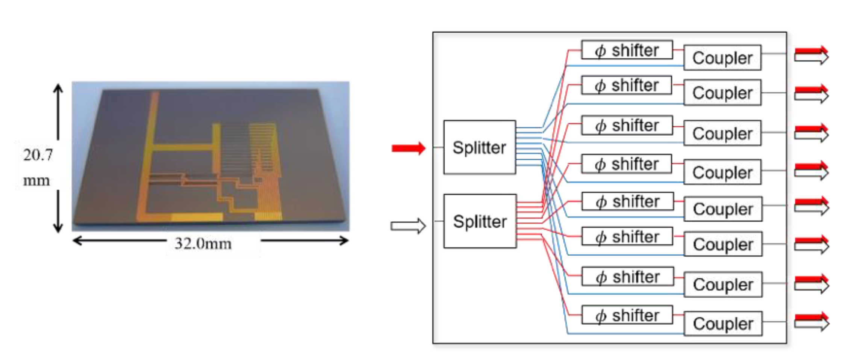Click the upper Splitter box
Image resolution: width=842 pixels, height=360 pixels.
pos(479,147)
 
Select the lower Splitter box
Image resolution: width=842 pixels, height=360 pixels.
pos(480,221)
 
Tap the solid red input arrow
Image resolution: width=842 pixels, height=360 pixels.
pos(408,148)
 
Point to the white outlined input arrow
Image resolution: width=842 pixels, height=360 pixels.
pos(408,226)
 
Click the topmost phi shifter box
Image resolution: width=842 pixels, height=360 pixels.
pos(627,50)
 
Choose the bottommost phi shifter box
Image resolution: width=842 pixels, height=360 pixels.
pos(627,315)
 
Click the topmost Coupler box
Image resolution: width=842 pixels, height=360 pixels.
pos(722,57)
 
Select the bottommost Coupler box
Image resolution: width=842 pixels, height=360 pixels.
pos(723,323)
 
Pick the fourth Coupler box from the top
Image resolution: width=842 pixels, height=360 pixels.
pos(722,172)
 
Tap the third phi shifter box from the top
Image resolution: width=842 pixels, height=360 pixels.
pos(627,125)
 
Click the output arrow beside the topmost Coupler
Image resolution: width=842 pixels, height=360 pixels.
pos(811,55)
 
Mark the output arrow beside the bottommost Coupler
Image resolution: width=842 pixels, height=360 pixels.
pos(811,321)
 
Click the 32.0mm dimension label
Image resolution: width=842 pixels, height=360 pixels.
pos(203,244)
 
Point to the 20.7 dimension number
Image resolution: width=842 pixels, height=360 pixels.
pos(38,154)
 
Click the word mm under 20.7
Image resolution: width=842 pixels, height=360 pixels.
pos(36,180)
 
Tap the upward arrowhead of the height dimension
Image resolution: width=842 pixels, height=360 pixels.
pos(58,88)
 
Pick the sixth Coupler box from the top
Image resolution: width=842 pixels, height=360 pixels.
pos(723,244)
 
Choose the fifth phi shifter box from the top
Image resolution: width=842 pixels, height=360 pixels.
pos(627,201)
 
